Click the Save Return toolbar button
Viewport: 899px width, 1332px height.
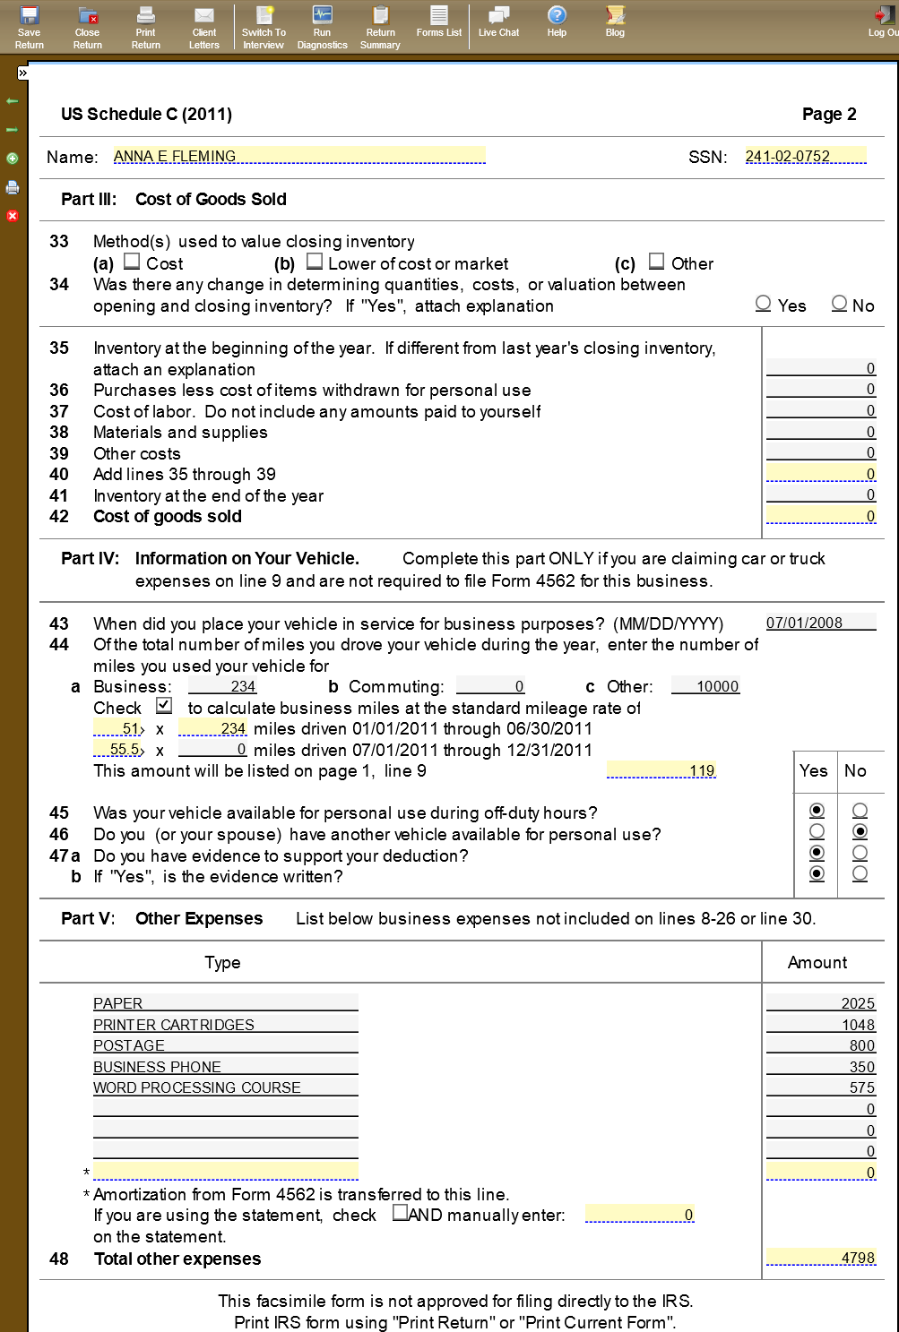pyautogui.click(x=29, y=27)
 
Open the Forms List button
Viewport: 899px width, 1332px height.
pyautogui.click(x=439, y=21)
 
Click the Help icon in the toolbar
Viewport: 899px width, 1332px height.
pyautogui.click(x=557, y=21)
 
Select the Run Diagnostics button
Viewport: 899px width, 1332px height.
pyautogui.click(x=322, y=27)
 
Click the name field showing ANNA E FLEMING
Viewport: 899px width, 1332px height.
pyautogui.click(x=298, y=156)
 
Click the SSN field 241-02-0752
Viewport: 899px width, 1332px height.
pyautogui.click(x=805, y=156)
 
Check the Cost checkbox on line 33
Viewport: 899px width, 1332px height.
pyautogui.click(x=132, y=262)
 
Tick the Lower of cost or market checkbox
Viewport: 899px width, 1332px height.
pyautogui.click(x=315, y=262)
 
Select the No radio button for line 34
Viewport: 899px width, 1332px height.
pyautogui.click(x=840, y=304)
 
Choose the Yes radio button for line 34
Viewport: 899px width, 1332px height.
pyautogui.click(x=764, y=304)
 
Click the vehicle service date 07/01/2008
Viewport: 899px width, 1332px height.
pyautogui.click(x=820, y=623)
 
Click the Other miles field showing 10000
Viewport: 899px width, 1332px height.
pyautogui.click(x=706, y=686)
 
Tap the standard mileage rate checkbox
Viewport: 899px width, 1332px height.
pyautogui.click(x=164, y=706)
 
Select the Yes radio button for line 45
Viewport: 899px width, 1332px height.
pyautogui.click(x=817, y=811)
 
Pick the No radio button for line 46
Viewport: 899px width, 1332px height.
pyautogui.click(x=860, y=831)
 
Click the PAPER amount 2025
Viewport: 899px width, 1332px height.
pyautogui.click(x=820, y=1003)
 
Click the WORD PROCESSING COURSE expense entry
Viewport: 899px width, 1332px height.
pyautogui.click(x=225, y=1087)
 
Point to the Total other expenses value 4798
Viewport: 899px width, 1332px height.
pyautogui.click(x=820, y=1258)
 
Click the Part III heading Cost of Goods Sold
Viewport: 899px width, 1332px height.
pyautogui.click(x=211, y=199)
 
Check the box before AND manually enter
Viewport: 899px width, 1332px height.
pyautogui.click(x=401, y=1213)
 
